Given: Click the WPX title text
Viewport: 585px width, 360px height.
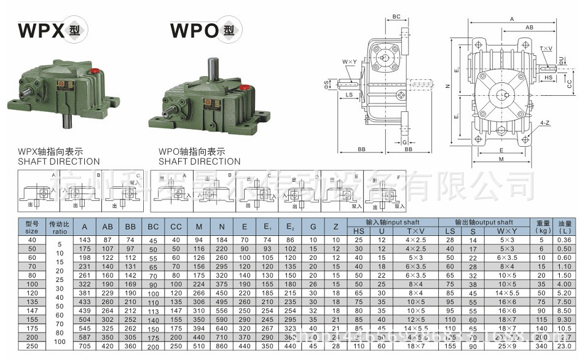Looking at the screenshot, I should [x=41, y=30].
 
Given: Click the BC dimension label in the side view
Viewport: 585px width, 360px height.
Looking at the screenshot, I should [x=396, y=17].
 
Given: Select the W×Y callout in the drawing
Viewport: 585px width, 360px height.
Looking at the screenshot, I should [x=350, y=62].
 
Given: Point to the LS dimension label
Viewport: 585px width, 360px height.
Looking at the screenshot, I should [x=348, y=95].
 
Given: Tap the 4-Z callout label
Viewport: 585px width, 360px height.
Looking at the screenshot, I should [x=544, y=123].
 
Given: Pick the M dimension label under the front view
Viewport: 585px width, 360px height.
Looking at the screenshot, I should [x=501, y=158].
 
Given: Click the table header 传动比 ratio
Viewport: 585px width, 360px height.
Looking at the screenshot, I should [x=60, y=227].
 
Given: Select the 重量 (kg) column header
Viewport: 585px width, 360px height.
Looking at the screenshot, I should [x=542, y=227].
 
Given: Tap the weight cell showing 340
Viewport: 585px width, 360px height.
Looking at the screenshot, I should [x=541, y=346].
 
